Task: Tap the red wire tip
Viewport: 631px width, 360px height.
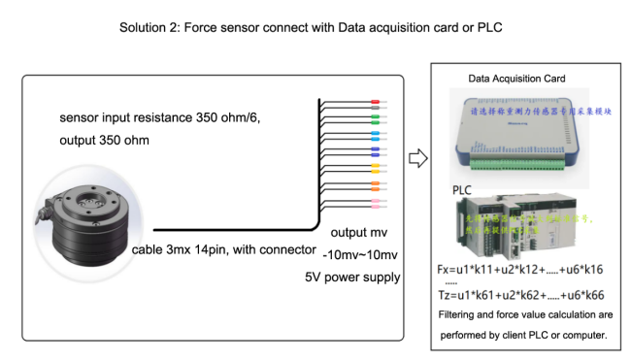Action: (x=375, y=100)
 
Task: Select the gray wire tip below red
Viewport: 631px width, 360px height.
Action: (x=375, y=109)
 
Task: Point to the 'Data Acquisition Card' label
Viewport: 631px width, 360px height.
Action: (x=516, y=78)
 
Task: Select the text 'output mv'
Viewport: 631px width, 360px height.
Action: (x=359, y=233)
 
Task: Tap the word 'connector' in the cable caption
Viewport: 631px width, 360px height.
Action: (x=286, y=249)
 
